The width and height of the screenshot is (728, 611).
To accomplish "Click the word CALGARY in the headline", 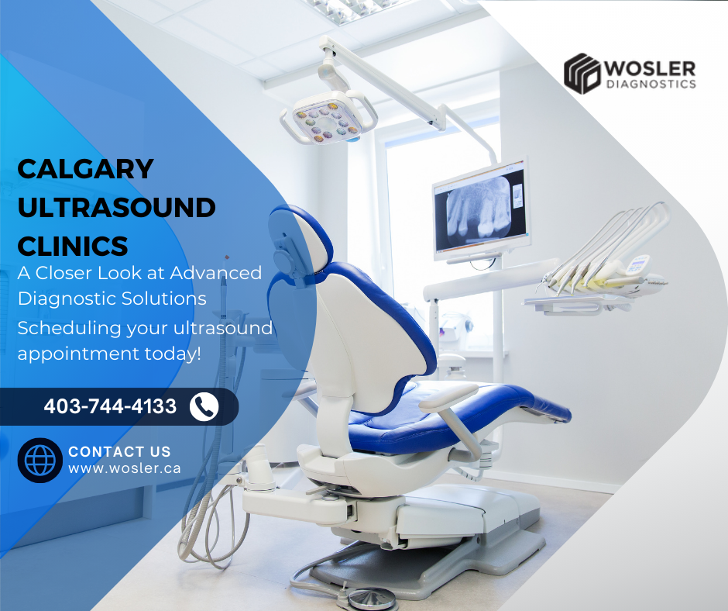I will pyautogui.click(x=85, y=168).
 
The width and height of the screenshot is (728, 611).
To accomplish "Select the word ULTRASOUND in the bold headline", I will pyautogui.click(x=116, y=207).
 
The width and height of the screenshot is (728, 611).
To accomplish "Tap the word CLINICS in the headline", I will pyautogui.click(x=73, y=246).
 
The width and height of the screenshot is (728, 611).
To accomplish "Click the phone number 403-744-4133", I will pyautogui.click(x=110, y=406).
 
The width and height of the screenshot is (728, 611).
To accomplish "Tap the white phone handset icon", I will pyautogui.click(x=204, y=406).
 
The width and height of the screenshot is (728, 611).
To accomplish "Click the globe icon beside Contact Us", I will pyautogui.click(x=40, y=461).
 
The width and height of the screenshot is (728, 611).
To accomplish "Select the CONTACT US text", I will pyautogui.click(x=119, y=452).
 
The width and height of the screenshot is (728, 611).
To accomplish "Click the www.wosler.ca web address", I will pyautogui.click(x=125, y=468).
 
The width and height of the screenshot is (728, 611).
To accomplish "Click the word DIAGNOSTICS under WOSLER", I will pyautogui.click(x=651, y=84).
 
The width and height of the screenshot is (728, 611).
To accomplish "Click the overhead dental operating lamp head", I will pyautogui.click(x=328, y=116).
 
